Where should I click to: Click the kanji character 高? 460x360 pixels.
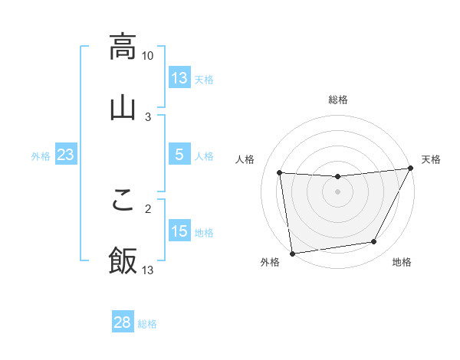(123, 46)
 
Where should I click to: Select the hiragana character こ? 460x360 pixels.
(123, 198)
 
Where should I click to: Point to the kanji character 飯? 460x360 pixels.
(123, 260)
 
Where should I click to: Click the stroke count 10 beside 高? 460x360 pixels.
(148, 56)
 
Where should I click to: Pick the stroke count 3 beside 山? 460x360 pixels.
(148, 116)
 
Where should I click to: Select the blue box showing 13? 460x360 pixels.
(179, 78)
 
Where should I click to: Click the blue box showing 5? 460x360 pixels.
(179, 155)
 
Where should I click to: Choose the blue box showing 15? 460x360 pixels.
(179, 231)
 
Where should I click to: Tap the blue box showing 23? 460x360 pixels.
(65, 155)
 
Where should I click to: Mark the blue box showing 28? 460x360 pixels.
(123, 322)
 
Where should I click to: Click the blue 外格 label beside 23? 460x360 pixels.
(41, 156)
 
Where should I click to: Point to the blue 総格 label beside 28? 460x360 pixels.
(147, 324)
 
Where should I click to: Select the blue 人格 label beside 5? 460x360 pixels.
(204, 156)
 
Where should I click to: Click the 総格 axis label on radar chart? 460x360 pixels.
(337, 100)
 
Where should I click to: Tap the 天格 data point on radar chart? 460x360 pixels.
(411, 169)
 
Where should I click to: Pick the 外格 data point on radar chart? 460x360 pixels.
(292, 253)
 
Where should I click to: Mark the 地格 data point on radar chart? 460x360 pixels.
(374, 242)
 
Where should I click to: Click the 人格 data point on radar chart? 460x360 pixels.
(280, 173)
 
